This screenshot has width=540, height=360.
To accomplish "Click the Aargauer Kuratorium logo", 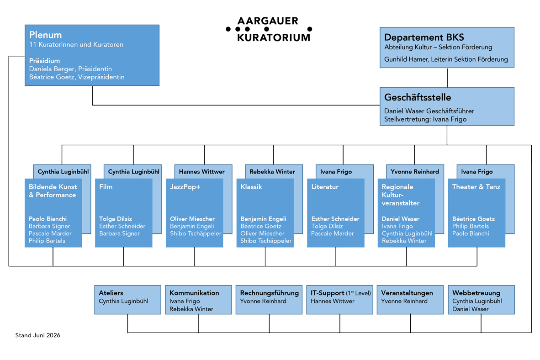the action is [269, 29].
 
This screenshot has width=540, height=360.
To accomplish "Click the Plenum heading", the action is [46, 35].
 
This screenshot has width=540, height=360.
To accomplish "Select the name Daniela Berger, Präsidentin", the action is [71, 69].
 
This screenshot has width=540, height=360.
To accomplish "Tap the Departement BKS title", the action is [424, 37].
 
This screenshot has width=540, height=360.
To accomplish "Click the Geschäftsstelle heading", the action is [418, 97].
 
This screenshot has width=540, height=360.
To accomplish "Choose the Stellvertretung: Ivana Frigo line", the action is [425, 119].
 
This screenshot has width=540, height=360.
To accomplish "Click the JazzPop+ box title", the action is [185, 187].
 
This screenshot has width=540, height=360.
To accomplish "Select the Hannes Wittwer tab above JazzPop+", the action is [201, 172].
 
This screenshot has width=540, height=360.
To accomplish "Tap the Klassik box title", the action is [251, 187].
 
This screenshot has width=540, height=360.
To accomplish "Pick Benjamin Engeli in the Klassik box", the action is [264, 219].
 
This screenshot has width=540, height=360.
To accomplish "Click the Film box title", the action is [106, 187].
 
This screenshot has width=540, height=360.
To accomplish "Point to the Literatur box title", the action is [325, 187].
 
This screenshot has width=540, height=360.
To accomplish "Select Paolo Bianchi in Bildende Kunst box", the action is [48, 219].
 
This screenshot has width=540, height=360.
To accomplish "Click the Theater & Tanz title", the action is [476, 187].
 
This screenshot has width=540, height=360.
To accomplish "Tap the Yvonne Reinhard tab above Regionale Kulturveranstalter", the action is [415, 172].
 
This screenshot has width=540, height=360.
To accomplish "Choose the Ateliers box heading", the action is [111, 293].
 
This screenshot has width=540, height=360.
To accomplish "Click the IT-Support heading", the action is [328, 293].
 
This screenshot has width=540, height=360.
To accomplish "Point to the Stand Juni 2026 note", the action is [37, 335].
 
